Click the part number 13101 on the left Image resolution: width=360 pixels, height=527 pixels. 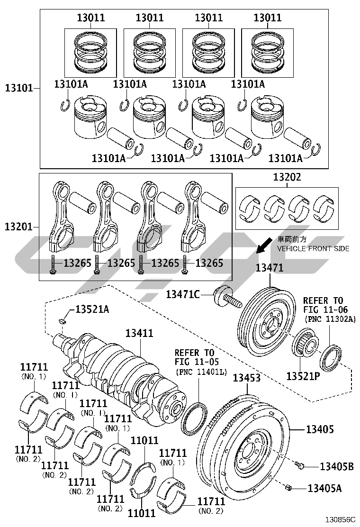coord(19,88)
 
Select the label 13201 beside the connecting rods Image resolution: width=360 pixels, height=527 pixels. coord(19,227)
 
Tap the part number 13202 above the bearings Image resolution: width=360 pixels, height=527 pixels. coord(287,177)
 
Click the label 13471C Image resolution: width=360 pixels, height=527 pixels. coord(183,294)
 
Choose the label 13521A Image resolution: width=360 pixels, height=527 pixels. coord(92,309)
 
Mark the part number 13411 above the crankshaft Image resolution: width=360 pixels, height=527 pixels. coord(139,333)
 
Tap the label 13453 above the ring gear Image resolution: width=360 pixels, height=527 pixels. coord(247,377)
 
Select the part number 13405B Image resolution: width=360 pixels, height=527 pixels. coord(336,466)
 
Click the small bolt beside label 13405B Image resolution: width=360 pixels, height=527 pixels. coord(299,465)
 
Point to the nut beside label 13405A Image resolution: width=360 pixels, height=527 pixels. coord(288,487)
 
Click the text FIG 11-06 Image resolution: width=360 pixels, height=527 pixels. coord(325,309)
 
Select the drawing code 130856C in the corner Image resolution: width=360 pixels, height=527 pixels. coord(340,519)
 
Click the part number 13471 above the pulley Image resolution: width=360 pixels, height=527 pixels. coord(270,268)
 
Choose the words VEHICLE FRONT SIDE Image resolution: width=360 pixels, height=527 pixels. coord(313,249)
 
